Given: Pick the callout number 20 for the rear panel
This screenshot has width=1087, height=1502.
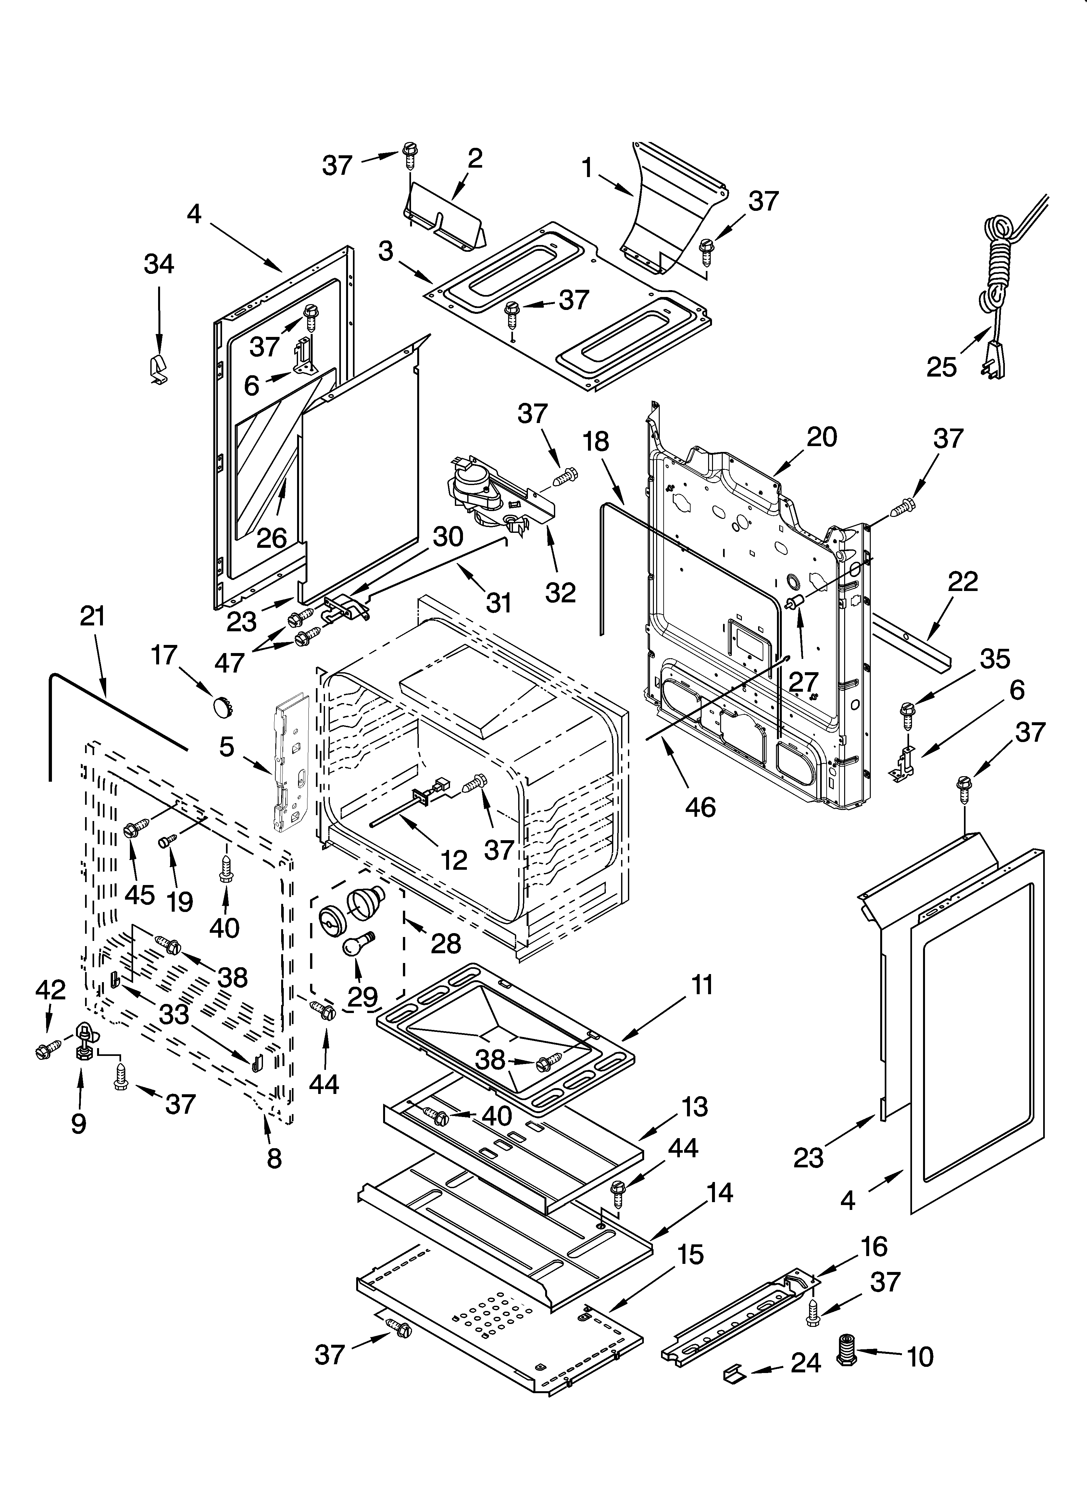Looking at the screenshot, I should pos(821,437).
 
